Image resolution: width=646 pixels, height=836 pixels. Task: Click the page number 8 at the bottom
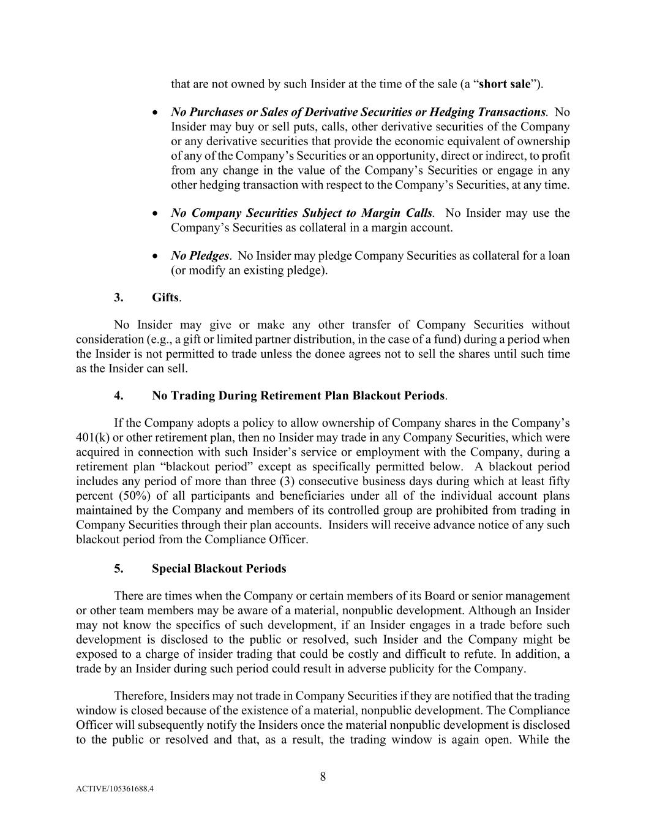tap(323, 777)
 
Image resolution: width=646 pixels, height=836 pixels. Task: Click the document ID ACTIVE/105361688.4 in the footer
tap(115, 806)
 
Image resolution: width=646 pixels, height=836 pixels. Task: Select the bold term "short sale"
tap(505, 85)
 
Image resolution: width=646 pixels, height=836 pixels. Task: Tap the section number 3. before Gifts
tap(119, 298)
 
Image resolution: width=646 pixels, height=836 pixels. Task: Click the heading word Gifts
tap(165, 298)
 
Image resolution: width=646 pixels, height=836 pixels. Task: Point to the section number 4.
tap(119, 396)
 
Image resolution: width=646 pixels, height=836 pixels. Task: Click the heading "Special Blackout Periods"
tap(219, 569)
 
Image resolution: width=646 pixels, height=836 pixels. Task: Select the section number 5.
tap(119, 569)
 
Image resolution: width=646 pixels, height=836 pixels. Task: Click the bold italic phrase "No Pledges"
tap(200, 256)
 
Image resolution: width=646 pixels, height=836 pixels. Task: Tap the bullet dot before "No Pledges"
tap(157, 256)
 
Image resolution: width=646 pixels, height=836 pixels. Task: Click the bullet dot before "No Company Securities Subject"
tap(157, 214)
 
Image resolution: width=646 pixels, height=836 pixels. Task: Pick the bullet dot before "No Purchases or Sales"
tap(157, 113)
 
